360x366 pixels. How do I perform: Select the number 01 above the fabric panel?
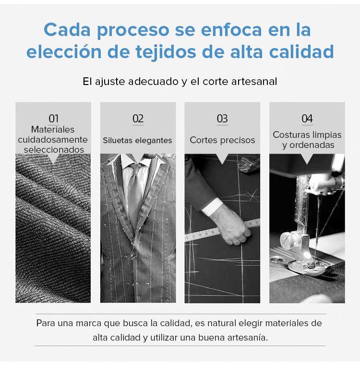[53, 119]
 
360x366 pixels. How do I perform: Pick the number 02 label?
[138, 119]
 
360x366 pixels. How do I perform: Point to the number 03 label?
[222, 119]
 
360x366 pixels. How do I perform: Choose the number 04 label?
[307, 119]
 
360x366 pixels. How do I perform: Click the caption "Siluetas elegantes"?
[137, 140]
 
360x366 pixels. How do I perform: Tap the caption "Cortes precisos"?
[222, 140]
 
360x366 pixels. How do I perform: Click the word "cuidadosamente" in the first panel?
[53, 140]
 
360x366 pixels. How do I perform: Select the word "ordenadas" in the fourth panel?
[312, 145]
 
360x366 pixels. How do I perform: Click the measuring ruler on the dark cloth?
[222, 230]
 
